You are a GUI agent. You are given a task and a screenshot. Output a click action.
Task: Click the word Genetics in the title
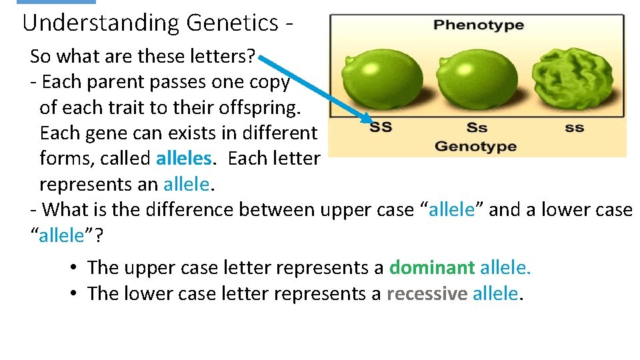click(232, 23)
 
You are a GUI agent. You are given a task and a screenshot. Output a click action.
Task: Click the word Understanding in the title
click(102, 23)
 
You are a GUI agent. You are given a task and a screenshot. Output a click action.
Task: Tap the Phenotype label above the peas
click(478, 26)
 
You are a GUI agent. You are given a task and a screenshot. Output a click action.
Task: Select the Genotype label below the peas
click(475, 146)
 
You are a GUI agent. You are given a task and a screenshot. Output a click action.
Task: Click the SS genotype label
click(381, 127)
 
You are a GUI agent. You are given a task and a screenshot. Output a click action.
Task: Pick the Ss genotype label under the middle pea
click(477, 127)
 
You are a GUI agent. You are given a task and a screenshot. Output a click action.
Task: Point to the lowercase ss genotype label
click(574, 127)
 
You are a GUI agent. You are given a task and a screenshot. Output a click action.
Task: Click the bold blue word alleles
click(185, 159)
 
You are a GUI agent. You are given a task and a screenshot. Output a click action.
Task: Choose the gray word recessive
click(427, 293)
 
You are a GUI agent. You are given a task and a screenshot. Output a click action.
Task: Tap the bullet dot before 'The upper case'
click(74, 268)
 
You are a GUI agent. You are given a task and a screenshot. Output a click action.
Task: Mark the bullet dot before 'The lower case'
click(74, 293)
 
